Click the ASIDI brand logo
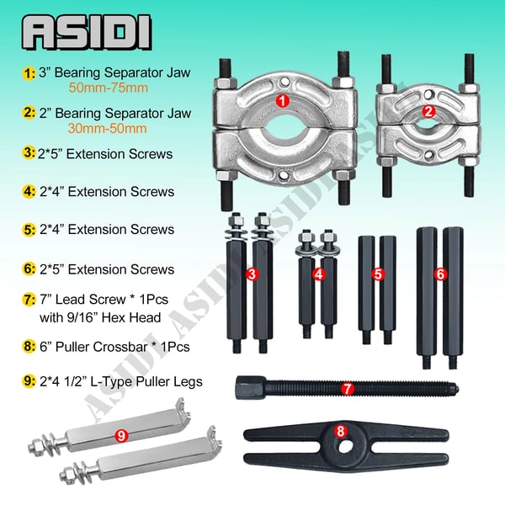(87, 32)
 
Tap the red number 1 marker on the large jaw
(283, 101)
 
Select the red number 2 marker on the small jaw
(428, 111)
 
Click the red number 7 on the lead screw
(347, 389)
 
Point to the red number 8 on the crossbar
(341, 431)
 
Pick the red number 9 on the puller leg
(121, 436)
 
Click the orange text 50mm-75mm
(109, 88)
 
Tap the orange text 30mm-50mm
(107, 129)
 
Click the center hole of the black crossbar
(345, 446)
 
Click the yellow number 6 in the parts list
(29, 269)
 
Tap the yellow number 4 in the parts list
(29, 192)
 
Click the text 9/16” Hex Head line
(100, 317)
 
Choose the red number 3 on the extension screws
(252, 274)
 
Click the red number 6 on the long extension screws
(440, 274)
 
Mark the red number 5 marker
(378, 274)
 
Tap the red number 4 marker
(318, 274)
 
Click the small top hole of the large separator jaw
(284, 81)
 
